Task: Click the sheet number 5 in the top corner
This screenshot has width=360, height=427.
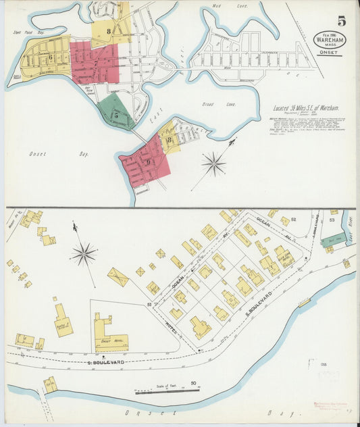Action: click(342, 21)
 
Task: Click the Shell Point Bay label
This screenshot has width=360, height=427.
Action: click(23, 32)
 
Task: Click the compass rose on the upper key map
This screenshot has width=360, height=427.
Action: click(214, 163)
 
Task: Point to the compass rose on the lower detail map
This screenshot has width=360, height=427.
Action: click(84, 254)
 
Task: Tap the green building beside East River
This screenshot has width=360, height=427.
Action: click(333, 240)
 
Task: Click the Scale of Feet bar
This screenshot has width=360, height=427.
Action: click(157, 390)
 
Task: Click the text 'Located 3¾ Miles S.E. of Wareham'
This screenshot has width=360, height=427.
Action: click(303, 107)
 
